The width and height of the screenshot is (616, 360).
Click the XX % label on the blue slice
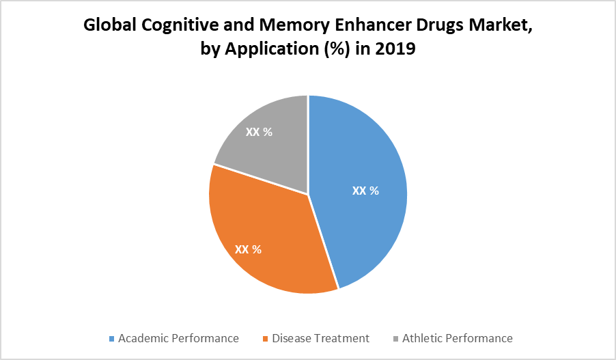[365, 191]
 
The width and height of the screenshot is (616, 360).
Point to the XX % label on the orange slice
[248, 249]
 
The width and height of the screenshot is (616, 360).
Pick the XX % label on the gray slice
[259, 132]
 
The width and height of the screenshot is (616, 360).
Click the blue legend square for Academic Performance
[112, 339]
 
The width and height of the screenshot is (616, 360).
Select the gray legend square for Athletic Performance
[395, 339]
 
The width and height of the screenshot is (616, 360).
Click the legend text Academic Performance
[178, 338]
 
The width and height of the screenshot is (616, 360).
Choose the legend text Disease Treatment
[320, 338]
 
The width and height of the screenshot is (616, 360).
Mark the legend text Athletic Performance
[457, 338]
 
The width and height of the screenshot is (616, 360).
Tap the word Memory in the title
[288, 27]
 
